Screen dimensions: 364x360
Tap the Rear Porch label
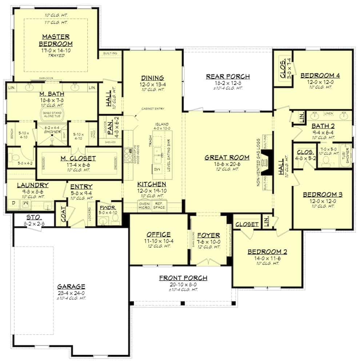pyautogui.click(x=228, y=76)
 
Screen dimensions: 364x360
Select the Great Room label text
pyautogui.click(x=227, y=158)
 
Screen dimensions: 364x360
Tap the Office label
pyautogui.click(x=159, y=234)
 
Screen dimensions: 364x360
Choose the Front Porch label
pyautogui.click(x=183, y=278)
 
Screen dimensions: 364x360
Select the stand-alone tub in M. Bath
pyautogui.click(x=52, y=114)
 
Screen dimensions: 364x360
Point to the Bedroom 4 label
pyautogui.click(x=320, y=76)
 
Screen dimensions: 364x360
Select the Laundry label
pyautogui.click(x=33, y=185)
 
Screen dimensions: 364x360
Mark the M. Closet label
pyautogui.click(x=79, y=158)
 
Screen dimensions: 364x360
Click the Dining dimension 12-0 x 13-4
pyautogui.click(x=153, y=84)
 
